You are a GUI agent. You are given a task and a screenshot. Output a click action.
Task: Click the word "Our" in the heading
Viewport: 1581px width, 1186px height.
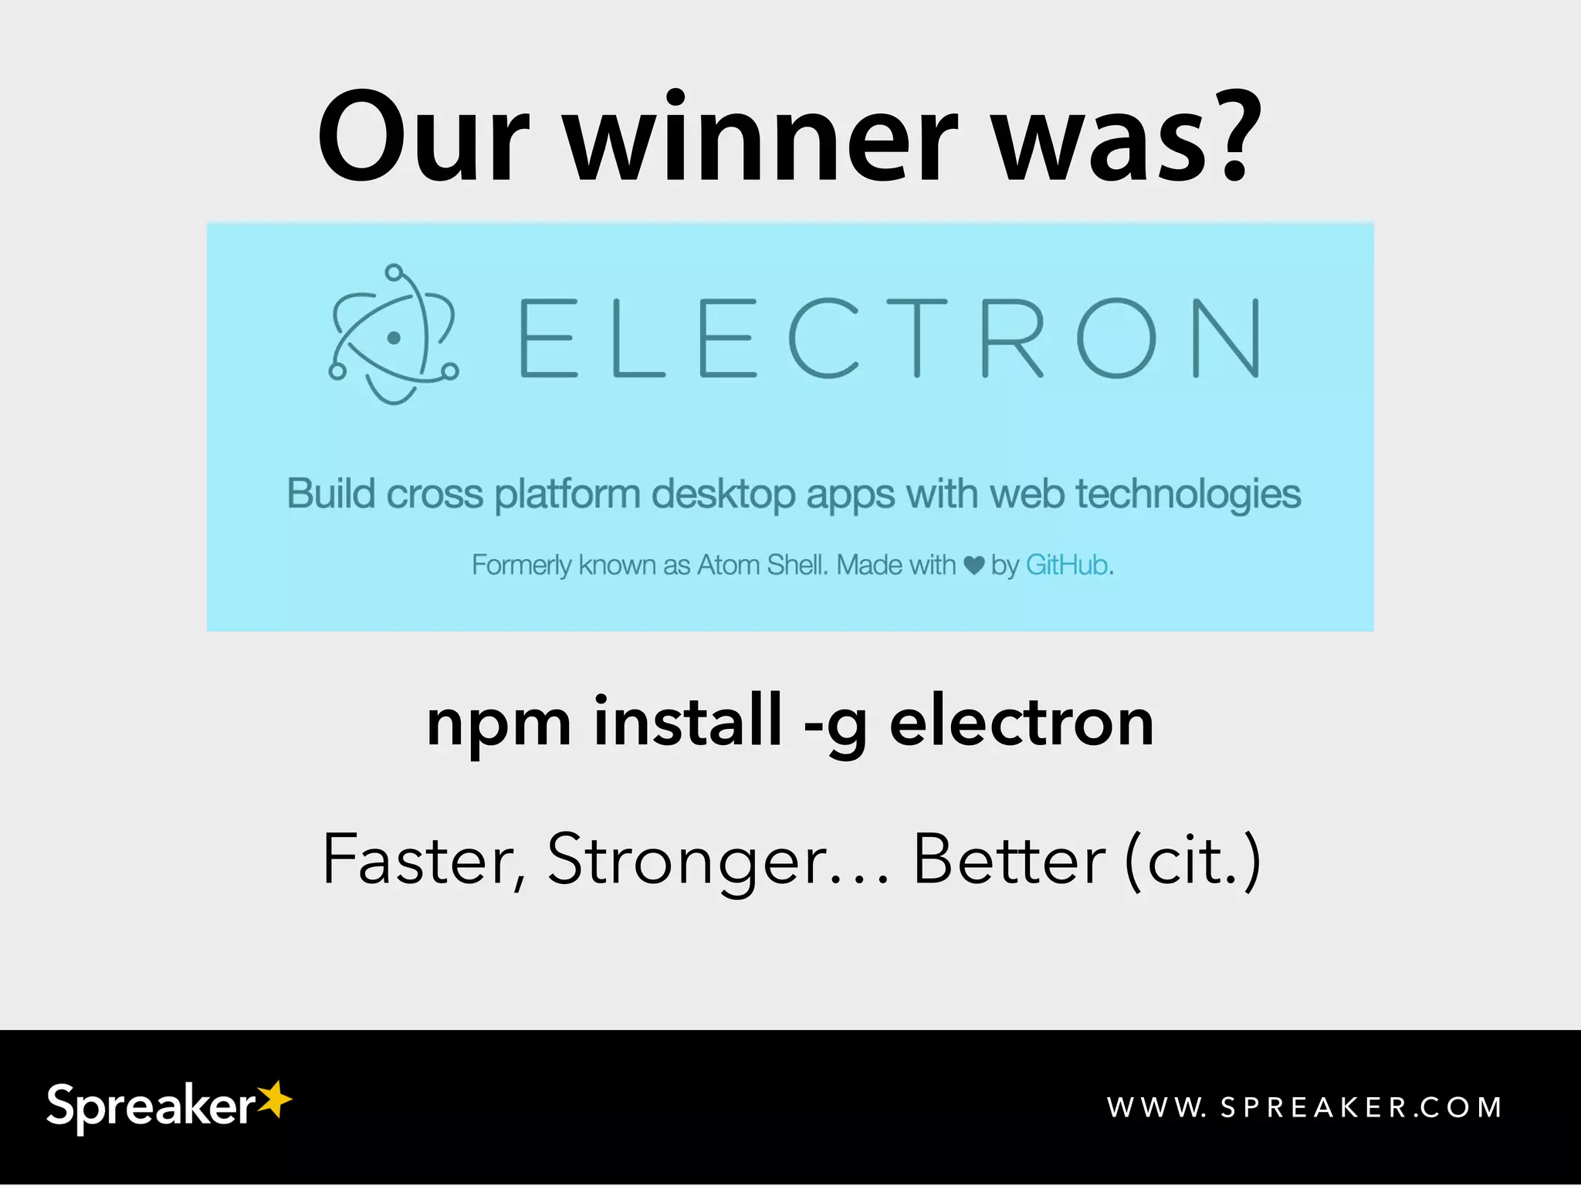click(x=424, y=139)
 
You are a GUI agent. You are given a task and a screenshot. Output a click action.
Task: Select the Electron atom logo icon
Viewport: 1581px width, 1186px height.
click(x=393, y=335)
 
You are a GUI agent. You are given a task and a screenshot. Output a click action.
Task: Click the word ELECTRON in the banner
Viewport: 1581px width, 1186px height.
click(x=889, y=338)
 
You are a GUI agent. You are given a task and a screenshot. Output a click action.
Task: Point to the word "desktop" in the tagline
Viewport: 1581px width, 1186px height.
click(x=723, y=494)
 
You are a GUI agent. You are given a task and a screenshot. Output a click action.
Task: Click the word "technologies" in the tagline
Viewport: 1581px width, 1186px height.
click(x=1188, y=495)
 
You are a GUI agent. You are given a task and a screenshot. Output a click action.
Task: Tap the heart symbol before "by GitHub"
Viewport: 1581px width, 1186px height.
click(x=974, y=566)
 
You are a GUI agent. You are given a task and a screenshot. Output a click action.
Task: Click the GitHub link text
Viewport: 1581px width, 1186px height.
click(x=1068, y=565)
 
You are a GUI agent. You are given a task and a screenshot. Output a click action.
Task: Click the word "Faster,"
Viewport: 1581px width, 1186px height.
click(x=425, y=860)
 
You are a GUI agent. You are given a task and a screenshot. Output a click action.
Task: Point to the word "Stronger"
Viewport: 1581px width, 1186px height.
click(x=688, y=862)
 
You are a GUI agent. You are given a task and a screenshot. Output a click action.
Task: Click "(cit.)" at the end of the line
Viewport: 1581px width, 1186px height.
click(x=1193, y=860)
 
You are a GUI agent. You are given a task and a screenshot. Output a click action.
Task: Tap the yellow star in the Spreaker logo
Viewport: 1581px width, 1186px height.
click(x=274, y=1098)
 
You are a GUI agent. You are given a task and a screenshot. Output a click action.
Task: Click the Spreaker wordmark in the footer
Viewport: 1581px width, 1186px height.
click(x=151, y=1106)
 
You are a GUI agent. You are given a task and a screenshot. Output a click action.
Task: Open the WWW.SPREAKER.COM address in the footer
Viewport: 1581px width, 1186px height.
click(x=1304, y=1107)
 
